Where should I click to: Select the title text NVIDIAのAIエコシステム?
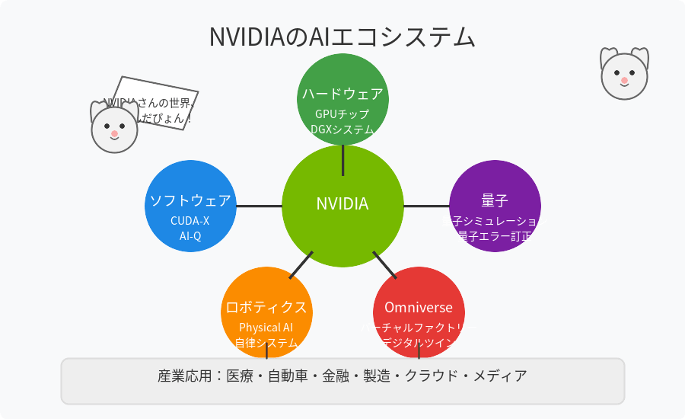pyautogui.click(x=342, y=37)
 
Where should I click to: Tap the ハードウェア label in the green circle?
pyautogui.click(x=342, y=94)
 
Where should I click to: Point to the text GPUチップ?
pyautogui.click(x=342, y=114)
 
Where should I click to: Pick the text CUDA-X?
pyautogui.click(x=190, y=221)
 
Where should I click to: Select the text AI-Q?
pyautogui.click(x=190, y=236)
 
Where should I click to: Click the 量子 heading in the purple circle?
pyautogui.click(x=495, y=200)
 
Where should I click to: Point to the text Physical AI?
pyautogui.click(x=266, y=328)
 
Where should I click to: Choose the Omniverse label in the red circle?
pyautogui.click(x=419, y=308)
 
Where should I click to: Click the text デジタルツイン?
pyautogui.click(x=419, y=343)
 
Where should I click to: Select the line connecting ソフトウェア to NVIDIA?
pyautogui.click(x=259, y=206)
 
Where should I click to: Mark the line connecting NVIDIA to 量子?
pyautogui.click(x=426, y=206)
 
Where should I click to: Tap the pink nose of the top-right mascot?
pyautogui.click(x=624, y=80)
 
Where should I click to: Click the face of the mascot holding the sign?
pyautogui.click(x=114, y=130)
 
